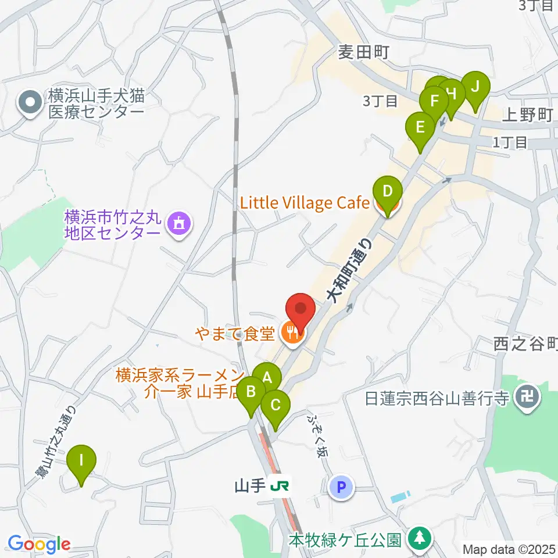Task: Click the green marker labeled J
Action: pyautogui.click(x=475, y=88)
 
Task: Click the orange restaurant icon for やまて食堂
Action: pyautogui.click(x=291, y=333)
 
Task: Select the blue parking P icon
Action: pyautogui.click(x=341, y=487)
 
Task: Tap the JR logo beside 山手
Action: pyautogui.click(x=282, y=485)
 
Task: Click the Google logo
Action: pyautogui.click(x=39, y=544)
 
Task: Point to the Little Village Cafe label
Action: pyautogui.click(x=305, y=203)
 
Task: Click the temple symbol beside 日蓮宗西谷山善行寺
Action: pyautogui.click(x=529, y=399)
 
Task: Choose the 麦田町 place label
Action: pyautogui.click(x=363, y=53)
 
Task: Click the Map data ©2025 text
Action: pyautogui.click(x=507, y=548)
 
